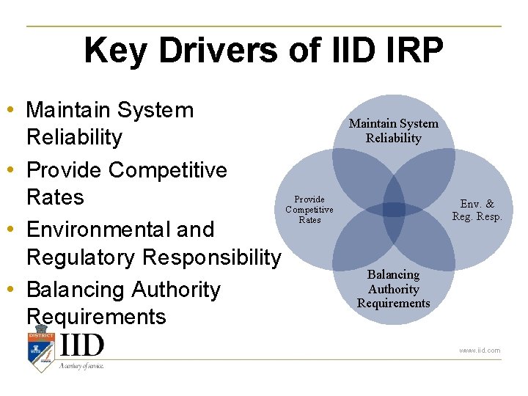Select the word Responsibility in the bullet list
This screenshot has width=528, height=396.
click(x=212, y=257)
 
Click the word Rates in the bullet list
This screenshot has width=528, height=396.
click(x=55, y=197)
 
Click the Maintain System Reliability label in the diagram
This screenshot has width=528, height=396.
click(x=393, y=131)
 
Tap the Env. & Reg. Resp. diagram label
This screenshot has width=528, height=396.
click(x=477, y=210)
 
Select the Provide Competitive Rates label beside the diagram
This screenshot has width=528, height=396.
click(x=309, y=209)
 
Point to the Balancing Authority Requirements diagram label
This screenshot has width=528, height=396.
click(x=393, y=288)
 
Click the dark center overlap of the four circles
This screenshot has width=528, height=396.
click(x=394, y=210)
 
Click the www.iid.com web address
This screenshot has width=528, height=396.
click(x=480, y=351)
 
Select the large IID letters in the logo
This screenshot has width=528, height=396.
click(x=82, y=345)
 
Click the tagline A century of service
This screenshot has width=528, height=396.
click(x=82, y=365)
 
